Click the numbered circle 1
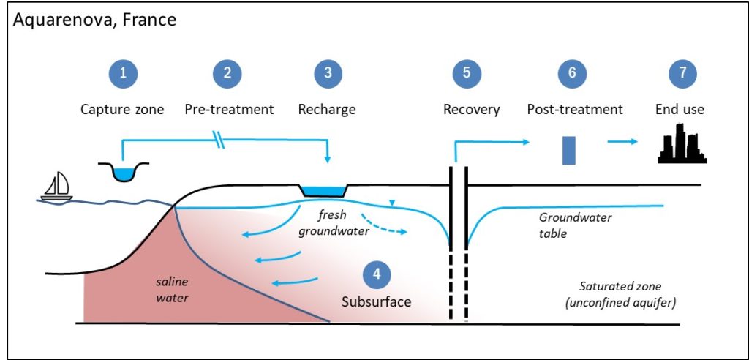click(123, 74)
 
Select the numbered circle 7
click(682, 73)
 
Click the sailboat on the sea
click(57, 187)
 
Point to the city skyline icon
click(682, 144)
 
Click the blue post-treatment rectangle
click(568, 150)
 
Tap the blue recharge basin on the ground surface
click(324, 190)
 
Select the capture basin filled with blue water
click(123, 172)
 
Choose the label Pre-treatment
click(229, 110)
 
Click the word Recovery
click(472, 110)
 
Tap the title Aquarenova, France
click(94, 20)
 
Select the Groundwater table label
click(575, 225)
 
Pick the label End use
click(680, 110)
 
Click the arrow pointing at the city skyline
click(622, 141)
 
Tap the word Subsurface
click(377, 302)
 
